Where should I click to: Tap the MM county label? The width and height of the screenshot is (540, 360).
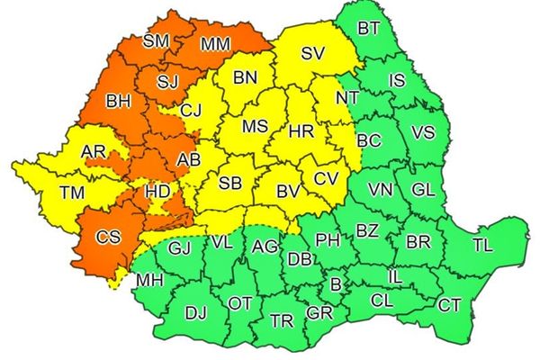point(214,42)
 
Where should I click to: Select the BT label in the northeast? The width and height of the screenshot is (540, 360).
point(368,28)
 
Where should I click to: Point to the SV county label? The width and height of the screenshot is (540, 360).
point(312,53)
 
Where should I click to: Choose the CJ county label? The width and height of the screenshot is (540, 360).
point(191,111)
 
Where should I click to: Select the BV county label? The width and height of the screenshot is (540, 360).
point(287,191)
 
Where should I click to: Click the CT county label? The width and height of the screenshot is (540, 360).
point(449,305)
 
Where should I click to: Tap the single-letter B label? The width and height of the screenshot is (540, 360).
point(336,284)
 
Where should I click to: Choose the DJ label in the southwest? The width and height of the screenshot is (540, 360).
point(194,312)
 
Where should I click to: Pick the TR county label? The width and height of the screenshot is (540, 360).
point(282,320)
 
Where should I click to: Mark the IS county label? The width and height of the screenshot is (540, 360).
point(397,82)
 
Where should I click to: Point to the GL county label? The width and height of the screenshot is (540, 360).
point(422,190)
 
